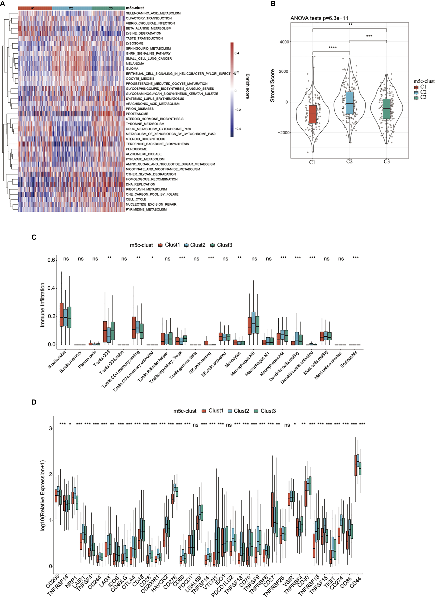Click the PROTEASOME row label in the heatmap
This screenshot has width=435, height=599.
click(137, 114)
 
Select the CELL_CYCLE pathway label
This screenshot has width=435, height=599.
click(136, 200)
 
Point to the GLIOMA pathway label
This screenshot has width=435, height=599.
click(132, 69)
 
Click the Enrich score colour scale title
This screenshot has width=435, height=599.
click(247, 86)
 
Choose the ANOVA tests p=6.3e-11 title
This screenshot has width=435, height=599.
click(319, 18)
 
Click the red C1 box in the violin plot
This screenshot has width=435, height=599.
click(313, 114)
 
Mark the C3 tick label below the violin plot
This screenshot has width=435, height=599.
click(387, 161)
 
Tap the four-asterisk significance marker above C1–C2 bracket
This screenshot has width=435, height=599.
click(332, 48)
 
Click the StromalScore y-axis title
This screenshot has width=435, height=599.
click(272, 86)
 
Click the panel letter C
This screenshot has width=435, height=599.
click(34, 237)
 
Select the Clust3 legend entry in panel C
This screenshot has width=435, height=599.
click(221, 245)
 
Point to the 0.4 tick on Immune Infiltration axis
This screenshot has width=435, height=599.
click(51, 288)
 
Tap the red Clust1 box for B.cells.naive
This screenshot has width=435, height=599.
click(62, 315)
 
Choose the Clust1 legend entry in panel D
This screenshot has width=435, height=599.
click(213, 411)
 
